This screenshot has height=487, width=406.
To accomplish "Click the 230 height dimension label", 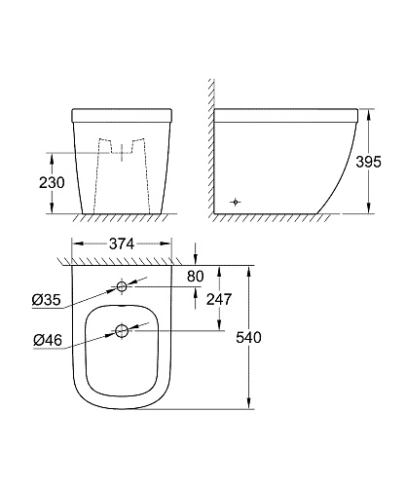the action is [x=52, y=182].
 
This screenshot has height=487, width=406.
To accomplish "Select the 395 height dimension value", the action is [x=368, y=162].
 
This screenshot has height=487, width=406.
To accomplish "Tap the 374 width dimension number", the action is [x=122, y=243].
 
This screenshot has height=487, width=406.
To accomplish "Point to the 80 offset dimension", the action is [x=196, y=277].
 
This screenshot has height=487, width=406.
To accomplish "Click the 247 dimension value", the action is [x=219, y=299].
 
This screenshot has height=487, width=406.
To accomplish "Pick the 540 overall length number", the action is [x=248, y=338].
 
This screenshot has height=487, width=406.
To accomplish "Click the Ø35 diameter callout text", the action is [x=47, y=300].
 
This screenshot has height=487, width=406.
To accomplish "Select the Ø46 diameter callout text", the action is [x=48, y=340].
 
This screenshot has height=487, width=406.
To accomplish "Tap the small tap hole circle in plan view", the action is [x=122, y=286].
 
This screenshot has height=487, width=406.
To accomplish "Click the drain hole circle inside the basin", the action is [x=122, y=331].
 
